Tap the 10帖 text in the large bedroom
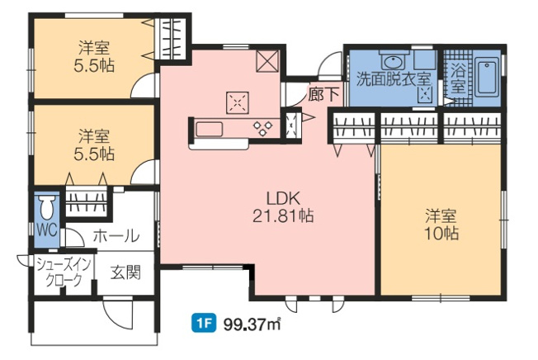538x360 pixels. [442, 234]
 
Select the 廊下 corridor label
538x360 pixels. [323, 94]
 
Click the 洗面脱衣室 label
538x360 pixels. [394, 79]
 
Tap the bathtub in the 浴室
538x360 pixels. [487, 79]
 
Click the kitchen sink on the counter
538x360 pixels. [208, 128]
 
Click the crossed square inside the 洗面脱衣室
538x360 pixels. [426, 95]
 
